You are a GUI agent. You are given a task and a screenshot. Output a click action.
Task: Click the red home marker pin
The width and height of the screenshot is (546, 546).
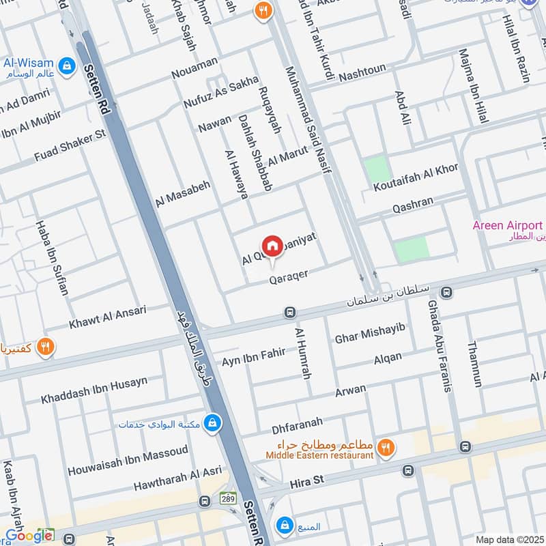point(272,246)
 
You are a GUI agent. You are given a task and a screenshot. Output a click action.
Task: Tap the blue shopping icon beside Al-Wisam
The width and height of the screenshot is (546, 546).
point(66,66)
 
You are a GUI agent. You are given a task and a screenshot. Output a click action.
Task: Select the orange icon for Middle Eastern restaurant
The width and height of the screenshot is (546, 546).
point(386,447)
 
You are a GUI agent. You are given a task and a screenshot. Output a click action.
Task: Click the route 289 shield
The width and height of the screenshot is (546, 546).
point(228,500)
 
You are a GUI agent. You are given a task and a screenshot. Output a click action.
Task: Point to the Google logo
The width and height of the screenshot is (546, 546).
point(29,536)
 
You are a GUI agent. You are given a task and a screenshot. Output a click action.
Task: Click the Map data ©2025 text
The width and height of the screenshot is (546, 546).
point(508,539)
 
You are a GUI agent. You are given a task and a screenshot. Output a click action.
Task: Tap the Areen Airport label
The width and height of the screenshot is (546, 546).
point(508,225)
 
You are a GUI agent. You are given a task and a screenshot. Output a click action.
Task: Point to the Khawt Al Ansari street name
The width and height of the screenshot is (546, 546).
point(108,315)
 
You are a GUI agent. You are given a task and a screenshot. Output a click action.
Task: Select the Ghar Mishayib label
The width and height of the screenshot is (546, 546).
point(370,333)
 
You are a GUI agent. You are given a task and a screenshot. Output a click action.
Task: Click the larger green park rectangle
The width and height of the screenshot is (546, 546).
point(412,249)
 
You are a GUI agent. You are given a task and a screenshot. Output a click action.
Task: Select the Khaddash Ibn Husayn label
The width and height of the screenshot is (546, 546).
point(94,390)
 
